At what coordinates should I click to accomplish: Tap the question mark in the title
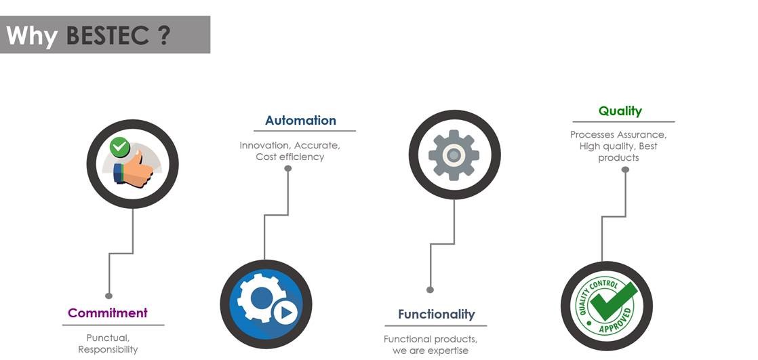(163, 35)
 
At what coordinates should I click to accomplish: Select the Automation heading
(300, 121)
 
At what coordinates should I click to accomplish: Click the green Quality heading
(620, 111)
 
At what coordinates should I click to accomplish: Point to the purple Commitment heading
(108, 313)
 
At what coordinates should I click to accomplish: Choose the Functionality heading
(436, 315)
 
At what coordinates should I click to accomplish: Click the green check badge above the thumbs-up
(120, 146)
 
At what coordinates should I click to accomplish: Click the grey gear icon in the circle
(454, 155)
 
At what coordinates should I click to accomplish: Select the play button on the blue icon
(285, 313)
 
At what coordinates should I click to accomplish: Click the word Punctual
(108, 338)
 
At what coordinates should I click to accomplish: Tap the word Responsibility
(108, 350)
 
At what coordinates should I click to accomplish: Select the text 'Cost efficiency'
(290, 157)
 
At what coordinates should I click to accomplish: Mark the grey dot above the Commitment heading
(108, 296)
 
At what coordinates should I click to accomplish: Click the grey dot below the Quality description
(625, 169)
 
